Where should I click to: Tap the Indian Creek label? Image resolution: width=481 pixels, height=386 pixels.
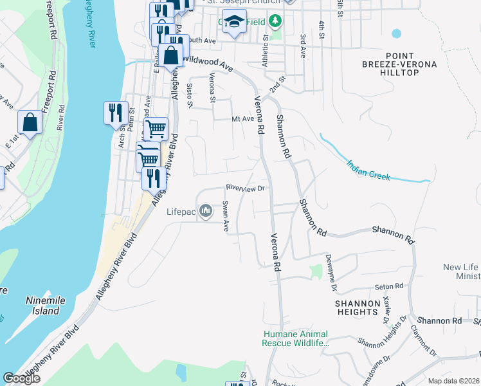[368, 170]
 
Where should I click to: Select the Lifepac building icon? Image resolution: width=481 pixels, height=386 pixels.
[206, 211]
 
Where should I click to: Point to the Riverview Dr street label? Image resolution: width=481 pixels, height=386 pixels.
[245, 188]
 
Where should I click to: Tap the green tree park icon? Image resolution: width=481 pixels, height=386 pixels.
[275, 21]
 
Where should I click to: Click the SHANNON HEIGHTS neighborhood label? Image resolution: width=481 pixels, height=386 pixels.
[356, 308]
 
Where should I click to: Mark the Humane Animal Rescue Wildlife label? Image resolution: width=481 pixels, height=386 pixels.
[296, 339]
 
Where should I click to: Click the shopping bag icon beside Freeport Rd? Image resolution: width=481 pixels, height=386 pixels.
[30, 122]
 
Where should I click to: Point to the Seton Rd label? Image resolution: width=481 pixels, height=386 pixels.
[390, 286]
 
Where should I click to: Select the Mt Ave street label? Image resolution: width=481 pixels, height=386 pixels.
[243, 119]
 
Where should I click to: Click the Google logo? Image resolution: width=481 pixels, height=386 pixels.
[21, 378]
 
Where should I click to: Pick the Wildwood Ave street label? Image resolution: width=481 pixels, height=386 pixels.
[207, 62]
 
